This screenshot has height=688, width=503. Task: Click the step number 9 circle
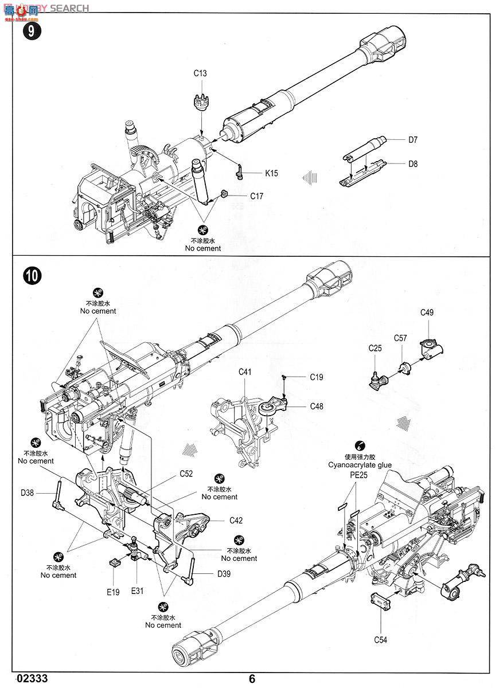(x=31, y=31)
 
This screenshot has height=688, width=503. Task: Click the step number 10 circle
(x=32, y=276)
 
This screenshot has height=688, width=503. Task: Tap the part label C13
(x=200, y=73)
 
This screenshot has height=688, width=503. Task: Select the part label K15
(x=272, y=173)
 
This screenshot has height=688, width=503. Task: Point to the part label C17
(x=256, y=196)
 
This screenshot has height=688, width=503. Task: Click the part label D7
(x=412, y=140)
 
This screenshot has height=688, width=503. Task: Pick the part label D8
(x=413, y=164)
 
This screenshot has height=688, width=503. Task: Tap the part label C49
(x=427, y=312)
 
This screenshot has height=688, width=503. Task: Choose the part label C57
(x=400, y=338)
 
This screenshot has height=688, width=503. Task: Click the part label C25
(x=375, y=348)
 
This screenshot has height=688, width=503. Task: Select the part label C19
(x=317, y=377)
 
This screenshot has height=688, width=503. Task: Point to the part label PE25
(x=358, y=475)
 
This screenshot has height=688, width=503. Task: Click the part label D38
(x=27, y=493)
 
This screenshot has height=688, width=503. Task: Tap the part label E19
(x=113, y=592)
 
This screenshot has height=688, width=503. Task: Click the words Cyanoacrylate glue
(x=360, y=465)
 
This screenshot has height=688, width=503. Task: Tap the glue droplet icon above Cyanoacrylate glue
(x=360, y=445)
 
